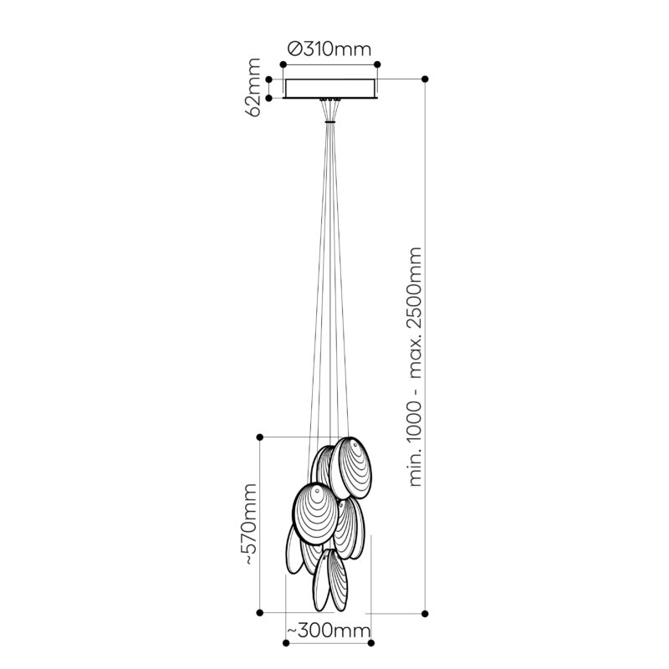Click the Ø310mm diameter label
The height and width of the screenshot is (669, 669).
[329, 49]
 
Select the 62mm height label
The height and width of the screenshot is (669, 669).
[253, 88]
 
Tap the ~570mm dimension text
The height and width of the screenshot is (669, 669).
[250, 524]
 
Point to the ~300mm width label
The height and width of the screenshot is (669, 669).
[328, 631]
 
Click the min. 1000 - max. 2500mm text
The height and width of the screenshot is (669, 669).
[415, 366]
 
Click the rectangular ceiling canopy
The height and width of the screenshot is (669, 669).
[330, 89]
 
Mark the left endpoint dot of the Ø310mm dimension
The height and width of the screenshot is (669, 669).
[283, 64]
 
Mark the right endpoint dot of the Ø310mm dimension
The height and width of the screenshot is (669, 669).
[377, 64]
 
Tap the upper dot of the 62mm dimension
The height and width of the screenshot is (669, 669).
[268, 79]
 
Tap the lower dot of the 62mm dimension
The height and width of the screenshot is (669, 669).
[268, 98]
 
